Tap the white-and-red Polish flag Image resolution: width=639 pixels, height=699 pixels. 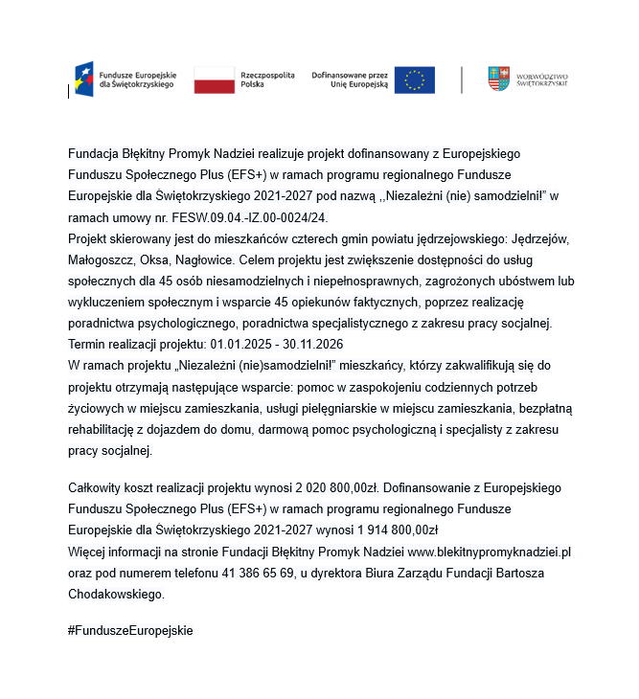click(x=214, y=79)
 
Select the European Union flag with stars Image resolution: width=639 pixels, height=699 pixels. click(x=415, y=79)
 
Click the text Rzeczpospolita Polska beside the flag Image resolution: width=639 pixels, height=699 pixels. click(x=267, y=79)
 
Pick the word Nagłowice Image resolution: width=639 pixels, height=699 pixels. click(x=205, y=259)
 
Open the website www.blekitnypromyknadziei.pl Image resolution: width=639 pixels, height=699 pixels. click(x=490, y=552)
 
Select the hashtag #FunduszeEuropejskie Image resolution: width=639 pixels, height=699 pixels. click(x=130, y=630)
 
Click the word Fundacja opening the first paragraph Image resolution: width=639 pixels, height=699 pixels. click(x=93, y=154)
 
